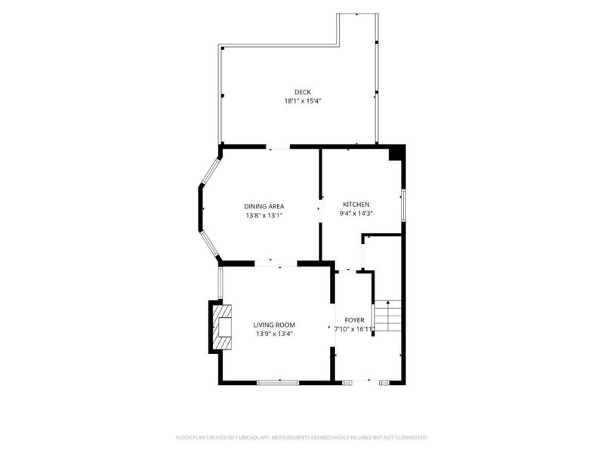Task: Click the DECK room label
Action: click(x=303, y=92)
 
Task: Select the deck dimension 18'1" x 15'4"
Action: click(x=303, y=101)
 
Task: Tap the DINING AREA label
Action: click(x=264, y=206)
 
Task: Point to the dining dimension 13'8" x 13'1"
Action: click(x=264, y=216)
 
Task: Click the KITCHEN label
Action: click(x=356, y=205)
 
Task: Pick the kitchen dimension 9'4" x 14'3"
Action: click(x=356, y=214)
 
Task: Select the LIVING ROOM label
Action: click(x=274, y=325)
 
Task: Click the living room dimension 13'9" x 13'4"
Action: click(x=274, y=334)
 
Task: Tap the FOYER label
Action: click(x=354, y=320)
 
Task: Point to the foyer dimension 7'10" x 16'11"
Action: click(x=354, y=329)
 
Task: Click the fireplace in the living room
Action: click(x=223, y=327)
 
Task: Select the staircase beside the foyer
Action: click(x=388, y=316)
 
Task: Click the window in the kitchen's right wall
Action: click(x=403, y=205)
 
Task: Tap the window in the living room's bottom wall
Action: click(x=278, y=383)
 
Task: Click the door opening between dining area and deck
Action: click(x=278, y=147)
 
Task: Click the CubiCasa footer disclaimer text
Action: click(x=301, y=438)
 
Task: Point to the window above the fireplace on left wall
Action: click(x=220, y=283)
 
